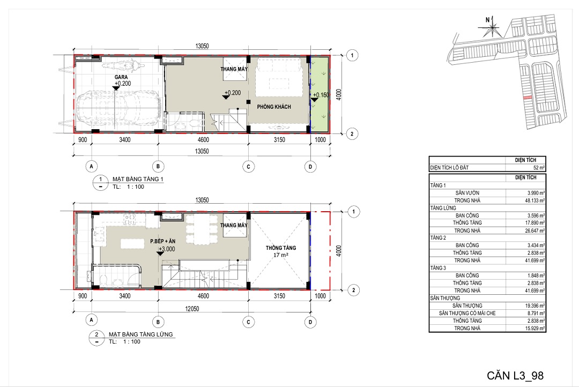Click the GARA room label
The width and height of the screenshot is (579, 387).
121,77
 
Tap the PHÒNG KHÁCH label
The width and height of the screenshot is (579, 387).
274,107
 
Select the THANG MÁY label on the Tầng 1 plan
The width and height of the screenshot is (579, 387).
234,69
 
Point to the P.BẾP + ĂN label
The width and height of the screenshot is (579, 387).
163,241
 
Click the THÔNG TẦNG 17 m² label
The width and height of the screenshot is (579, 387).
280,251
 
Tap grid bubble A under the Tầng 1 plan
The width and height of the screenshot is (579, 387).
92,167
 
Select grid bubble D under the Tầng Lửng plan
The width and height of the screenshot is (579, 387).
310,322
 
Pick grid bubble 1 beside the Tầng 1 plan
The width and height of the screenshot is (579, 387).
352,55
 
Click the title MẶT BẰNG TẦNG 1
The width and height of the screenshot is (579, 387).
138,179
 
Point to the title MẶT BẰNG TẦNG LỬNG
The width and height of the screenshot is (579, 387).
140,334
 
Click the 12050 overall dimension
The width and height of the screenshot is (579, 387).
192,309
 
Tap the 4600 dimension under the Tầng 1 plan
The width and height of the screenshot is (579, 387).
203,139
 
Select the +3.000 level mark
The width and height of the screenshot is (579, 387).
167,249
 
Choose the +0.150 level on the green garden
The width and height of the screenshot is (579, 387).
321,95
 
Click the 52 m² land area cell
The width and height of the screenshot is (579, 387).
538,168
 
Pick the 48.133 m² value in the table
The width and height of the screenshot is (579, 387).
536,200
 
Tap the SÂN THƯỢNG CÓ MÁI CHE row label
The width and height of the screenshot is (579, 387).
467,313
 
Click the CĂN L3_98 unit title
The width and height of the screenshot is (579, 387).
515,376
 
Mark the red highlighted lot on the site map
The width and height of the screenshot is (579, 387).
528,98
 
